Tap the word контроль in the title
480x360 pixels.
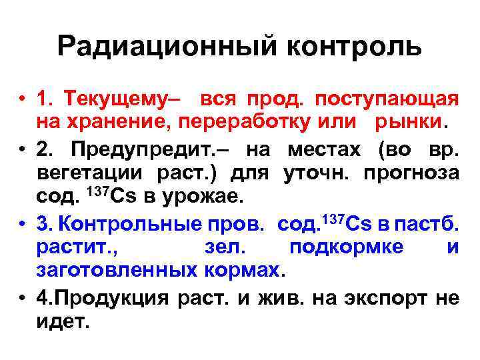pos(355,46)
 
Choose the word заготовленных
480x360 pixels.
pos(116,271)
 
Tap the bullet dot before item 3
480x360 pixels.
pos(22,223)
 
